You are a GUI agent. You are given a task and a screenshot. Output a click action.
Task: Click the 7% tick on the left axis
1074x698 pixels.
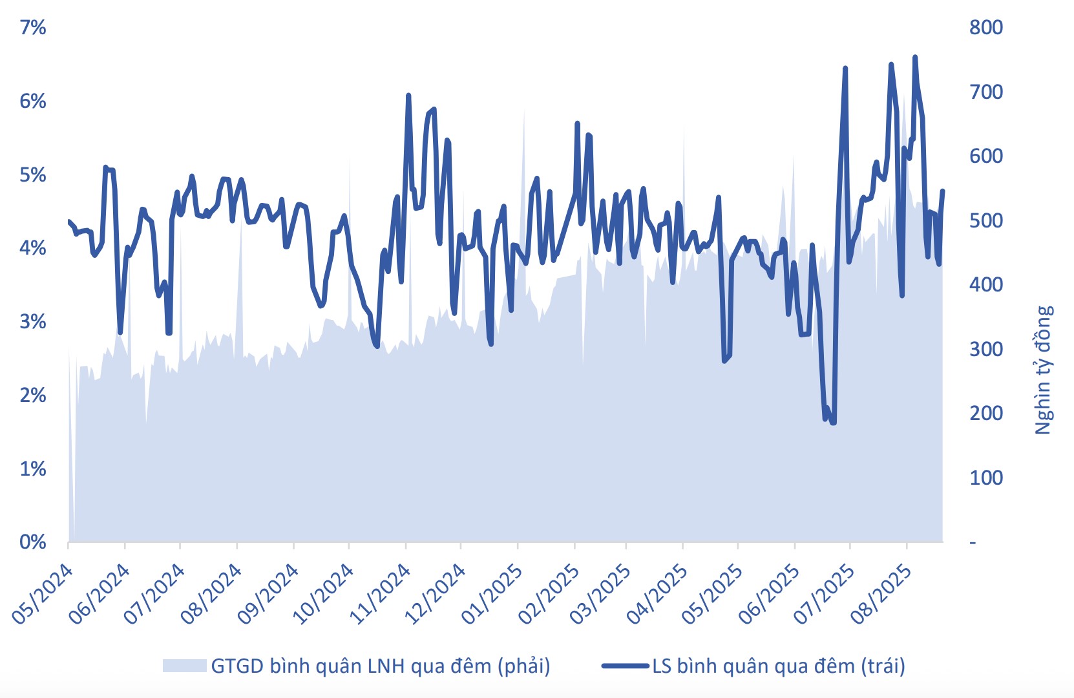tap(32, 27)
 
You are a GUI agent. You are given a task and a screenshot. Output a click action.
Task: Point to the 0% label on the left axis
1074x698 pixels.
tap(32, 542)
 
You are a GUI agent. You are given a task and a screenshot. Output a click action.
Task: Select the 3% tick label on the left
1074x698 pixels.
tap(32, 321)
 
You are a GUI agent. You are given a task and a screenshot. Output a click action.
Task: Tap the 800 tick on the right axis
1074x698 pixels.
tap(985, 27)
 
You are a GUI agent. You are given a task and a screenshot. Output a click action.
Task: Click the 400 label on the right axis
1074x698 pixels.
tap(985, 284)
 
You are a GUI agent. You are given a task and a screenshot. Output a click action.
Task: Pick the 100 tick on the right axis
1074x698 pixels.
tap(985, 478)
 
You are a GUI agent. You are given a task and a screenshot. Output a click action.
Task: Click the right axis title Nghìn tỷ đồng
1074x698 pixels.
tap(1044, 370)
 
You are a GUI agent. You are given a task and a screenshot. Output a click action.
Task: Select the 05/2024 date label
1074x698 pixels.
tap(43, 595)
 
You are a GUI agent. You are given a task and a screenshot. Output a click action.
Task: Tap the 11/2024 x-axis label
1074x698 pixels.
tap(380, 595)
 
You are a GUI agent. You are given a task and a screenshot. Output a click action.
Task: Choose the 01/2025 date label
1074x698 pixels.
tap(492, 595)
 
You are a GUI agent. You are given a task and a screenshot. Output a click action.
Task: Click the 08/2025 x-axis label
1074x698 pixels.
tap(881, 595)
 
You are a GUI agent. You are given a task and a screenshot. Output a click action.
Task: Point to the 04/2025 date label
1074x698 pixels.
tap(657, 595)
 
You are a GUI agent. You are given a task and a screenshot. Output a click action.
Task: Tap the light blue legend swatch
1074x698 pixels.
tap(184, 666)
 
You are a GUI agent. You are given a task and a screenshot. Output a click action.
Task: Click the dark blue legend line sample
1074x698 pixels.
tap(625, 666)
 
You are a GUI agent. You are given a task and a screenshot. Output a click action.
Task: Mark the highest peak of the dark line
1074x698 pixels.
tap(914, 58)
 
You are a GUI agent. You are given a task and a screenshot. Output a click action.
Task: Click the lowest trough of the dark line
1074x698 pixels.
tap(833, 423)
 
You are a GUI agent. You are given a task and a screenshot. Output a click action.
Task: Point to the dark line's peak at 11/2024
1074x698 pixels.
tap(408, 96)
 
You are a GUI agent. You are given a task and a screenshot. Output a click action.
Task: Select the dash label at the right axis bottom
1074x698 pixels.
tap(973, 543)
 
